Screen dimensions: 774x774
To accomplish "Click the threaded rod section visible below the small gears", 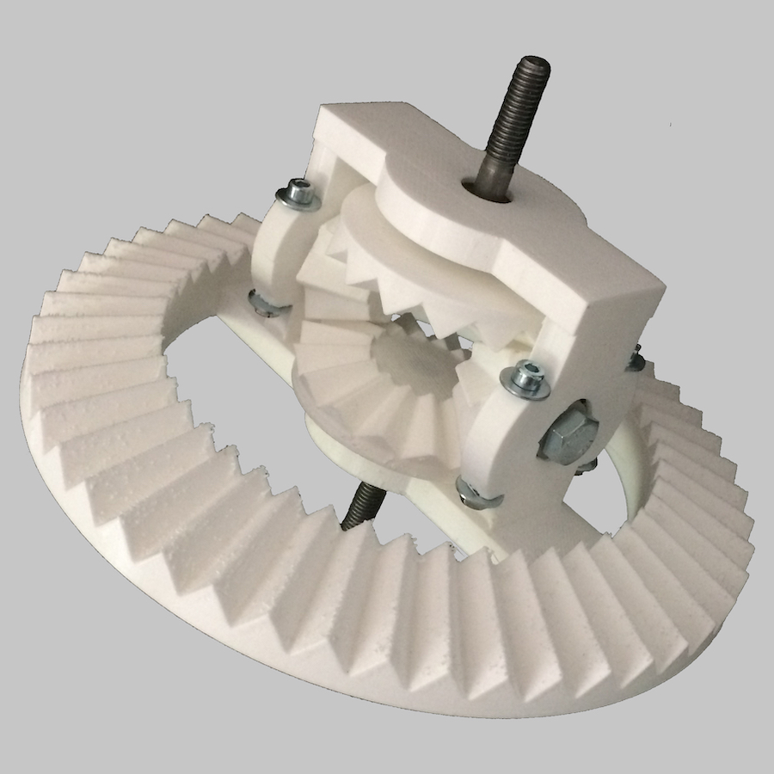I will tap(359, 507).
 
